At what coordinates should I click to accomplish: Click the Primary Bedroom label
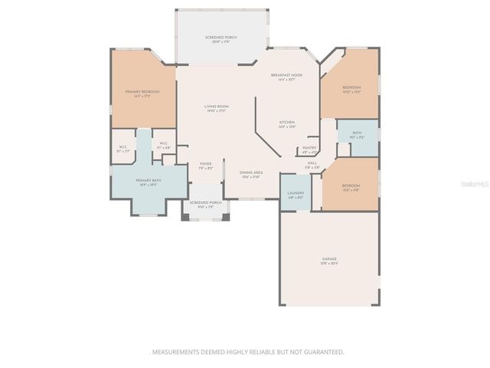pyautogui.click(x=142, y=92)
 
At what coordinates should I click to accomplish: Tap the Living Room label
pyautogui.click(x=217, y=107)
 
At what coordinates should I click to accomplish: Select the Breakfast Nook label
pyautogui.click(x=287, y=75)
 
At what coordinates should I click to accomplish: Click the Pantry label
pyautogui.click(x=309, y=148)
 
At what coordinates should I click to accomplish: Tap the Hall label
pyautogui.click(x=312, y=163)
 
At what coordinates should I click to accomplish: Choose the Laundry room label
pyautogui.click(x=296, y=194)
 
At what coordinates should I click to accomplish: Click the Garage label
pyautogui.click(x=329, y=260)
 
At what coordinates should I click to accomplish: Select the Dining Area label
pyautogui.click(x=251, y=172)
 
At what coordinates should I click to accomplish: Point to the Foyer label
pyautogui.click(x=206, y=164)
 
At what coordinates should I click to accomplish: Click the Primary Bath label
pyautogui.click(x=147, y=181)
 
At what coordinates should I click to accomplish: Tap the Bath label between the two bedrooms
pyautogui.click(x=358, y=133)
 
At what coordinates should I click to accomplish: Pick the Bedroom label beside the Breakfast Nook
pyautogui.click(x=351, y=88)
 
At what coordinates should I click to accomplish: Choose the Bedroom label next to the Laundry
pyautogui.click(x=351, y=186)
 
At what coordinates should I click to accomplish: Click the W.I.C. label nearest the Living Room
pyautogui.click(x=164, y=144)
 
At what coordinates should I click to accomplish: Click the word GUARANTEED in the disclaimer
pyautogui.click(x=324, y=352)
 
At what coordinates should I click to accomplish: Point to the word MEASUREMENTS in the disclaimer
pyautogui.click(x=175, y=352)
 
